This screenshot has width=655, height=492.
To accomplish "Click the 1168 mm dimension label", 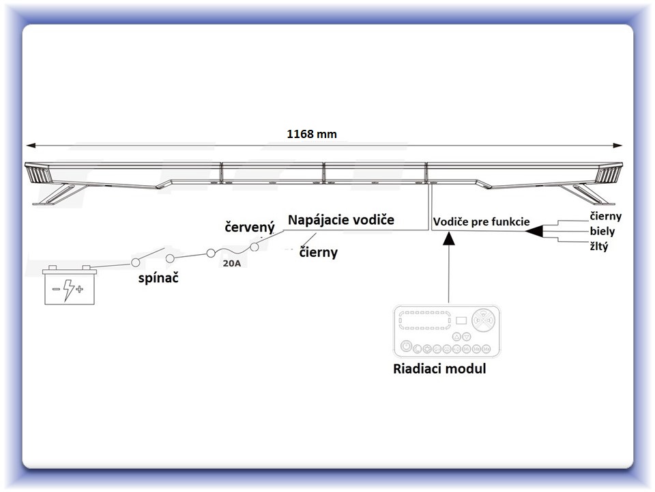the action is click(x=312, y=134).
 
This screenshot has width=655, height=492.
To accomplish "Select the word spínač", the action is click(x=158, y=278).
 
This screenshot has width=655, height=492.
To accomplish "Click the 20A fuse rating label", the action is click(x=232, y=264).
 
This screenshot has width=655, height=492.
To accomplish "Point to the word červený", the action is click(x=250, y=227).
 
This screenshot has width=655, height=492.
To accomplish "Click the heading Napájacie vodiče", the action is click(x=341, y=219).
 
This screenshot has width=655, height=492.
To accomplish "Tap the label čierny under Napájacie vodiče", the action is click(x=319, y=253).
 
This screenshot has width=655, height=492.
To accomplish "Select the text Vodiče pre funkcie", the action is click(x=481, y=221).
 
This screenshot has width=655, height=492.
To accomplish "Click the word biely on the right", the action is click(x=602, y=232).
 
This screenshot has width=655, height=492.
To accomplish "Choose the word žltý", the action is click(x=599, y=247).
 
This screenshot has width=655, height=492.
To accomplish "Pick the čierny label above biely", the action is click(x=606, y=217).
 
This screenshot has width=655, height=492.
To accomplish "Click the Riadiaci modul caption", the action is click(x=439, y=368).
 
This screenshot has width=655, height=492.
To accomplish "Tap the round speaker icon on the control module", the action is click(x=483, y=320).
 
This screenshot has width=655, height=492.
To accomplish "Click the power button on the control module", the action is click(x=406, y=346).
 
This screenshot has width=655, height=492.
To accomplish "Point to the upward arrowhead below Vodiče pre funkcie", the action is click(x=449, y=238).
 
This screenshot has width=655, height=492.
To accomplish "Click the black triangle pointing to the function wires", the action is click(x=535, y=231).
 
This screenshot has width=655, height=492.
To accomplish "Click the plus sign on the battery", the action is click(x=79, y=288).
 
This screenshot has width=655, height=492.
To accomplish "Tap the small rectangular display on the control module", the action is click(x=461, y=320).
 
